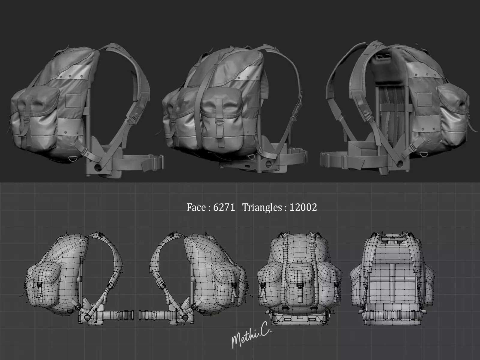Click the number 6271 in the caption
224,207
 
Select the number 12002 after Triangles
303,207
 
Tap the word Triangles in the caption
262,207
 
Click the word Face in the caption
196,207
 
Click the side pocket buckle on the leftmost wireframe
39,287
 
